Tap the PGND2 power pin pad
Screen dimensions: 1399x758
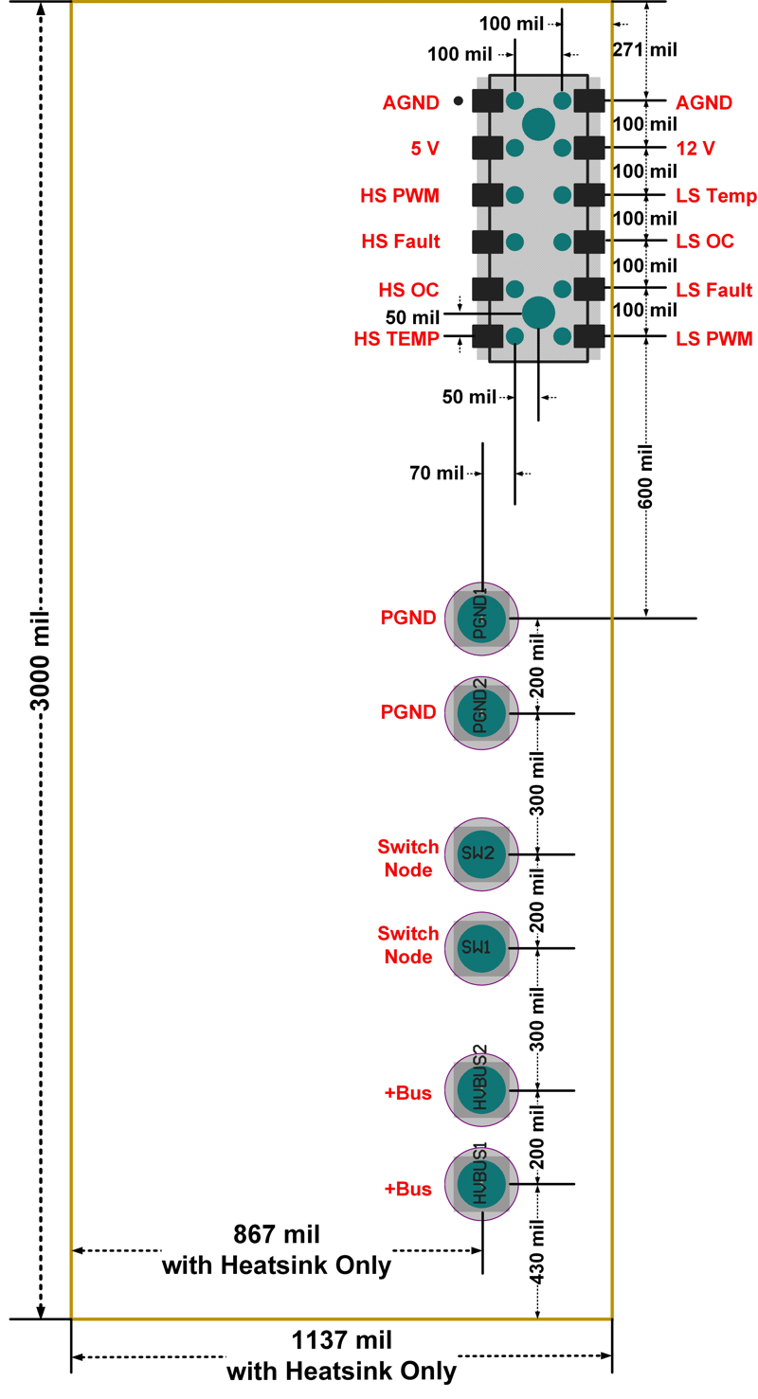click(482, 712)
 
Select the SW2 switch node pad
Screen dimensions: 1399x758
click(482, 853)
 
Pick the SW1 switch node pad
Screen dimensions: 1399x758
click(482, 947)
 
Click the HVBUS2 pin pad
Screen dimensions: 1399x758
click(482, 1090)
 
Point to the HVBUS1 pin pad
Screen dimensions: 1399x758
click(482, 1184)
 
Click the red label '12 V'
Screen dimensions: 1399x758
click(695, 148)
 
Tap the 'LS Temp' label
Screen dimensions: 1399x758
click(715, 195)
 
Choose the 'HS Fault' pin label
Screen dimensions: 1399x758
click(400, 242)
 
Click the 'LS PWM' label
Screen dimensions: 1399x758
click(713, 336)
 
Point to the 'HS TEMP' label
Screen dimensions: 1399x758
click(397, 336)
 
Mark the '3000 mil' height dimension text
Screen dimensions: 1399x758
click(40, 660)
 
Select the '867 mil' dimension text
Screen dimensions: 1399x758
click(277, 1234)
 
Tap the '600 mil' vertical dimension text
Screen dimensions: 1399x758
click(647, 475)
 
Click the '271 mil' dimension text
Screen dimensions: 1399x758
click(645, 50)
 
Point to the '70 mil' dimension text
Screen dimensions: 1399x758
click(436, 471)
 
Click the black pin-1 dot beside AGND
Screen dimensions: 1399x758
click(458, 100)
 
